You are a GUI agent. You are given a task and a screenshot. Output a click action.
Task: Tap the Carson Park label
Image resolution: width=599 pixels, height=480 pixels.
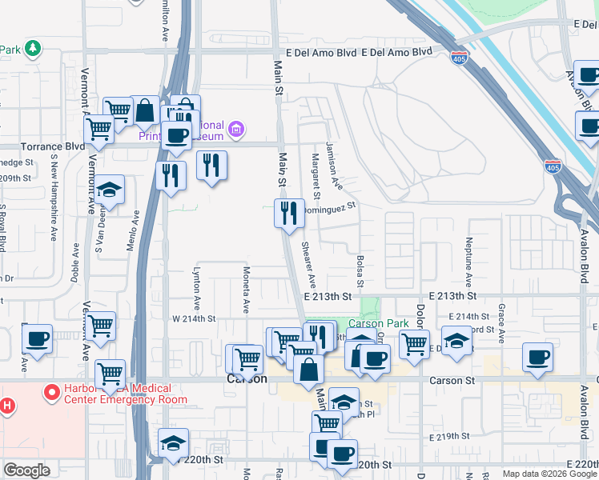[379, 324]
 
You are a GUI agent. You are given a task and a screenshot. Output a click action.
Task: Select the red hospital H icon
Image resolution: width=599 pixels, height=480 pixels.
[6, 405]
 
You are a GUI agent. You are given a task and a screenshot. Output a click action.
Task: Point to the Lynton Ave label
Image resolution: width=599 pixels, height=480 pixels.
[196, 288]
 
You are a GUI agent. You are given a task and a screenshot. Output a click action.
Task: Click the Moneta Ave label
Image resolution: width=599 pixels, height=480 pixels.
[246, 290]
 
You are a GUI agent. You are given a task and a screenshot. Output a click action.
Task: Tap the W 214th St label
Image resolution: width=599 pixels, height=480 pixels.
[195, 318]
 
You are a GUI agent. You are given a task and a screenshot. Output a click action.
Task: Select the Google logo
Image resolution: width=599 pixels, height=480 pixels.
[26, 470]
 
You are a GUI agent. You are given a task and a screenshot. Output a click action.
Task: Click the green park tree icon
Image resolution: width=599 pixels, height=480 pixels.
[32, 49]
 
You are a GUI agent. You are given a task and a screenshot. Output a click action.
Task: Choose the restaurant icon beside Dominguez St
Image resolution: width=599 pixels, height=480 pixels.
[290, 213]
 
